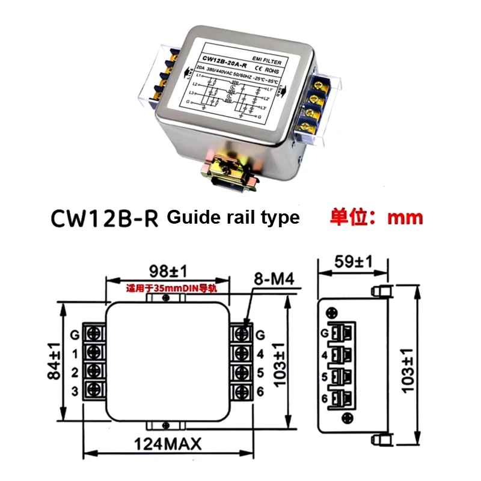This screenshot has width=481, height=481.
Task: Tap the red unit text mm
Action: [x=405, y=217]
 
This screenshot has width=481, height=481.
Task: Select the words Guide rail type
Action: [x=233, y=217]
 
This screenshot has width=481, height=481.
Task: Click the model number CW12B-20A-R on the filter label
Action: [x=227, y=59]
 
